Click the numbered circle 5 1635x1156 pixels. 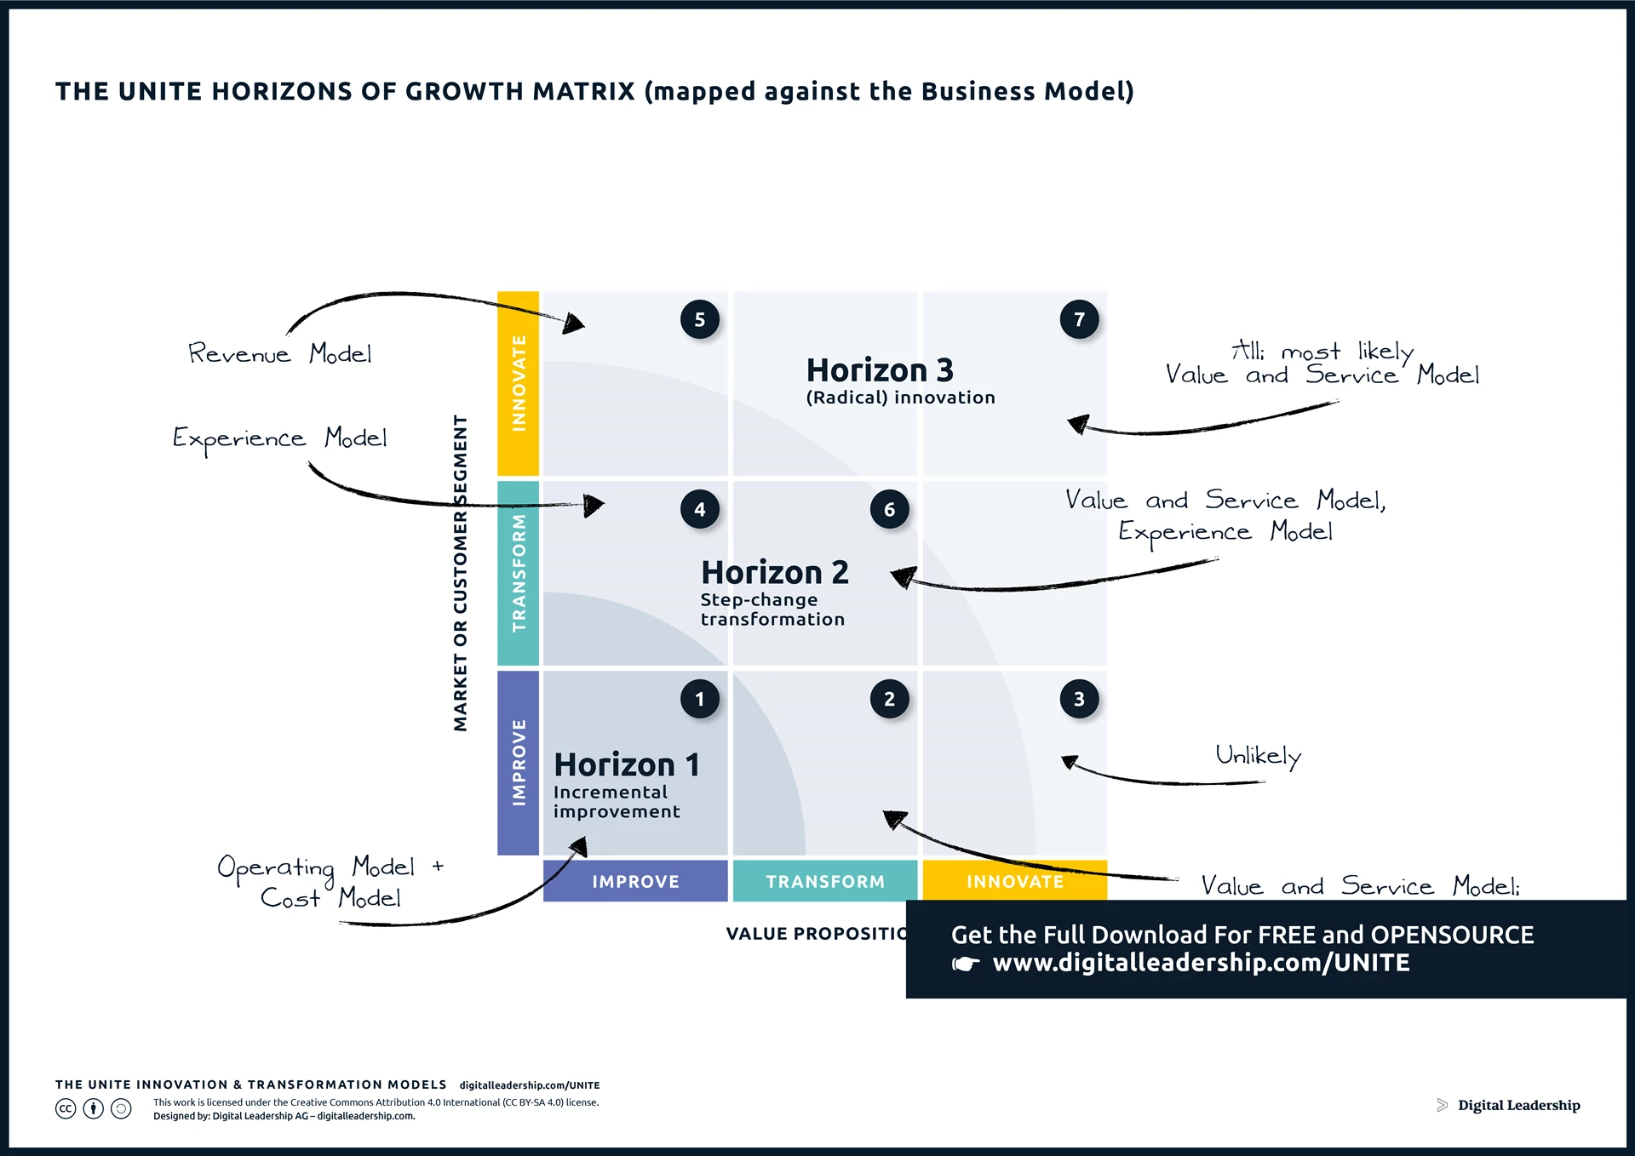[700, 320]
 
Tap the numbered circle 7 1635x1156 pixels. [1079, 320]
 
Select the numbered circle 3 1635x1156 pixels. [1079, 700]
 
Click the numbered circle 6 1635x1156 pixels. [889, 510]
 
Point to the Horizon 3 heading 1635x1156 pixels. [880, 370]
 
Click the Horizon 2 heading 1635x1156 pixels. [774, 572]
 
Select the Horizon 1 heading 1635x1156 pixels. [627, 764]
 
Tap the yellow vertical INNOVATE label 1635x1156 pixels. [519, 383]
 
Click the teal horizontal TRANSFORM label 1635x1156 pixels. [824, 882]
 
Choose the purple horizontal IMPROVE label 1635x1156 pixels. [635, 882]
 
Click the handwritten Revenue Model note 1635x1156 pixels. [279, 353]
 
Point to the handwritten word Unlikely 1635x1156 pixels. [1258, 756]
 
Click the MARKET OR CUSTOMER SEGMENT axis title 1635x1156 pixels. [461, 572]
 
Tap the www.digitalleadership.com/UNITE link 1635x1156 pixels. [1201, 963]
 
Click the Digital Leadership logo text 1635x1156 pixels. [1518, 1105]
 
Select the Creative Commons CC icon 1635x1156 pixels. [66, 1108]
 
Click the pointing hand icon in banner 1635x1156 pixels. [966, 964]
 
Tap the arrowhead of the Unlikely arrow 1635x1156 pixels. [1070, 761]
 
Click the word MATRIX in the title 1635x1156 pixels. [583, 91]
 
